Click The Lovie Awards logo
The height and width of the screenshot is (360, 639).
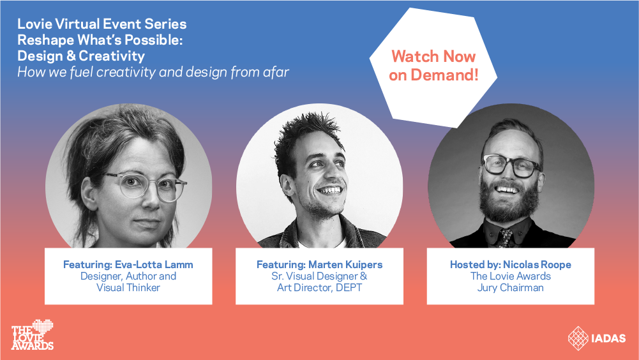(32, 334)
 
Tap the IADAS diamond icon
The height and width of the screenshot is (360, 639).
(578, 338)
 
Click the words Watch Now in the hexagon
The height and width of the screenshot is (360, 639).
(433, 56)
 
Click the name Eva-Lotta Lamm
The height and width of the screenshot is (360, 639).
(154, 265)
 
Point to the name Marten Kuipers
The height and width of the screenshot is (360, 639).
(345, 265)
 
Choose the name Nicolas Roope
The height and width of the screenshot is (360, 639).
(537, 265)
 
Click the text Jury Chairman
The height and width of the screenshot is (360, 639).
(510, 288)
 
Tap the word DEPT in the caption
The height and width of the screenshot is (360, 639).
(349, 288)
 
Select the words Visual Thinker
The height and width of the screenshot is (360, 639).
(128, 288)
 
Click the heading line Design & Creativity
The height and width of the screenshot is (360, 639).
(81, 56)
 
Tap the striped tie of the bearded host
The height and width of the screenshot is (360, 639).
(506, 237)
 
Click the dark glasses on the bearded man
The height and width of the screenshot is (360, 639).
(511, 165)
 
